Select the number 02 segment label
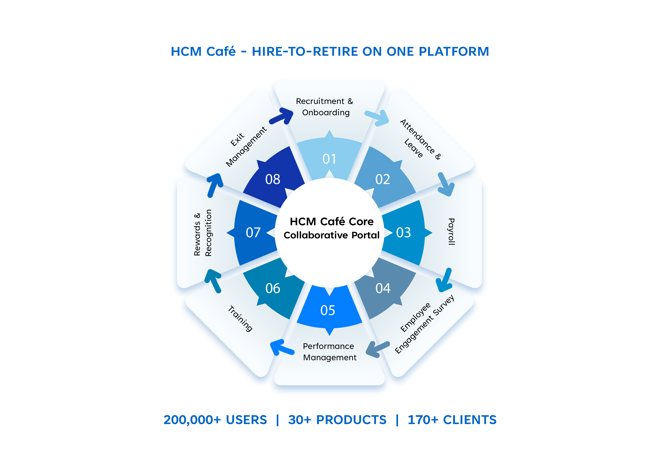tap(383, 179)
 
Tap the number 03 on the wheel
tap(403, 233)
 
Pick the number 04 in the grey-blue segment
tap(383, 288)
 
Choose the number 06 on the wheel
tap(272, 288)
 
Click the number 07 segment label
tap(253, 233)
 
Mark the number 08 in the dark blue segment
tap(272, 179)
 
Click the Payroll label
tap(451, 232)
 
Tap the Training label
tap(240, 319)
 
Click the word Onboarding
tap(326, 112)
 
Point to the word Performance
tap(328, 346)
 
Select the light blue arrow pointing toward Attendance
tap(377, 117)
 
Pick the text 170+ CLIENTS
tap(452, 420)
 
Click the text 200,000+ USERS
tap(215, 420)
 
